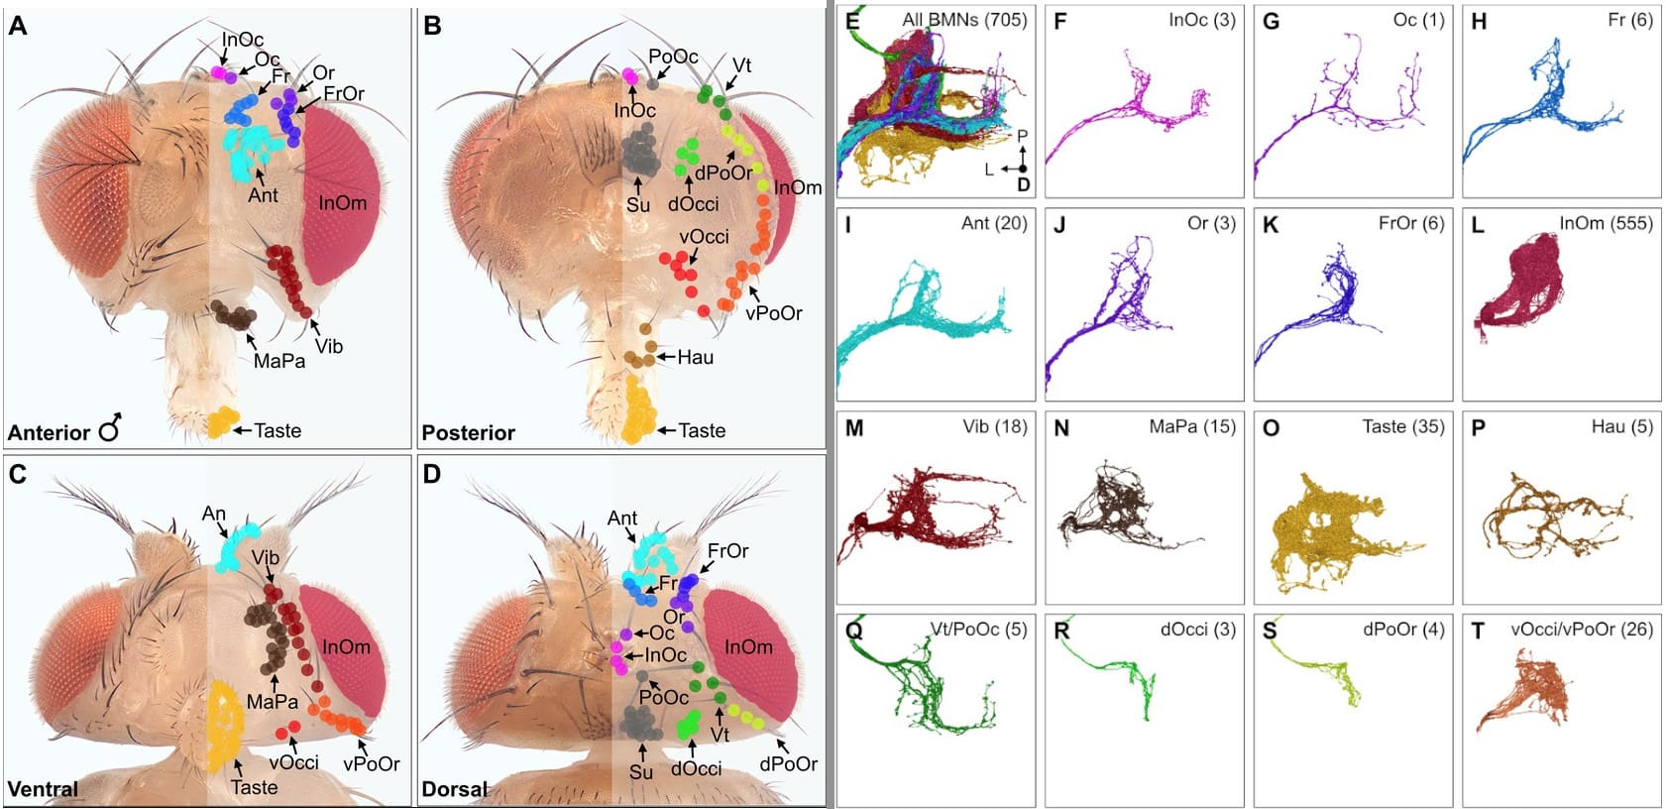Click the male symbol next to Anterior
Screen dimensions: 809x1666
[110, 427]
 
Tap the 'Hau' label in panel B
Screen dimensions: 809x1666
[695, 357]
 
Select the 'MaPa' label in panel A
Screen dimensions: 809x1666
[279, 362]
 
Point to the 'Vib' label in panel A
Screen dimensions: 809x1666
[329, 346]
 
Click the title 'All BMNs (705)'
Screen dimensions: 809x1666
[963, 20]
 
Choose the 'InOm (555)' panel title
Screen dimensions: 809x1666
[1606, 223]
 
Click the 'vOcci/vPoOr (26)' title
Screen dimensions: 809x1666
[1582, 629]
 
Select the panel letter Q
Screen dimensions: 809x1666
[853, 631]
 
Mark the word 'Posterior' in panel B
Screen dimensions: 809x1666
[468, 432]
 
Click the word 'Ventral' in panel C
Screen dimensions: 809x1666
[43, 789]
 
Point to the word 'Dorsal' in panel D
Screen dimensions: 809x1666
[455, 789]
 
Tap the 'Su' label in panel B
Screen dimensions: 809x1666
[638, 204]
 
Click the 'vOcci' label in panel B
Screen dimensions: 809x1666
[704, 237]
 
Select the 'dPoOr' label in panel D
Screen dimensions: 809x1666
[788, 764]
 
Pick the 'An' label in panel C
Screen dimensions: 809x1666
[214, 514]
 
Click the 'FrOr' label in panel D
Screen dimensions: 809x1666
[727, 551]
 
